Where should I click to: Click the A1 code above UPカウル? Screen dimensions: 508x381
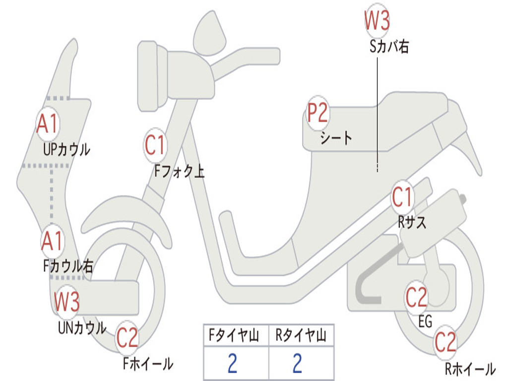coord(47,124)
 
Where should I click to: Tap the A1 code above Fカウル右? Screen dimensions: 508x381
coord(52,241)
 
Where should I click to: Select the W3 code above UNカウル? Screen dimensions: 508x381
coord(67,301)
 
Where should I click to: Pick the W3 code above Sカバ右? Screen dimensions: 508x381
coord(377,20)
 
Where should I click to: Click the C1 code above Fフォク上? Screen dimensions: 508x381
coord(155,145)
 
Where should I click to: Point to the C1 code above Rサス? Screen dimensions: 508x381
coord(402,196)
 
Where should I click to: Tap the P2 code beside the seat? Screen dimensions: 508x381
coord(317,113)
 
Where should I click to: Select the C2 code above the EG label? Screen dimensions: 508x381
coord(416,297)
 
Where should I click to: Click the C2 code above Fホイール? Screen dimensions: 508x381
coord(127,338)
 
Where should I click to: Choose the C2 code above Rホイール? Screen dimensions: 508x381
coord(445,342)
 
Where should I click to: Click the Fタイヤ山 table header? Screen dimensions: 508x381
coord(234,335)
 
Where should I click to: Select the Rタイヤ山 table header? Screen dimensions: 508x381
coord(301,335)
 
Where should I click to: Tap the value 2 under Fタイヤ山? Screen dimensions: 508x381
coord(232,363)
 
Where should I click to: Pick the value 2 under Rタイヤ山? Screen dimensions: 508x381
coord(297,363)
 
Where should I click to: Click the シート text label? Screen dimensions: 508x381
coord(336,138)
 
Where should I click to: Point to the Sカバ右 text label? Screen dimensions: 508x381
coord(389,47)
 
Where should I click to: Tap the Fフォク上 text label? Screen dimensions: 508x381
coord(179,171)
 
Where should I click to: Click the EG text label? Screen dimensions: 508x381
coord(425,321)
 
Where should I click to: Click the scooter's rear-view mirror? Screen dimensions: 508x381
coord(210,33)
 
